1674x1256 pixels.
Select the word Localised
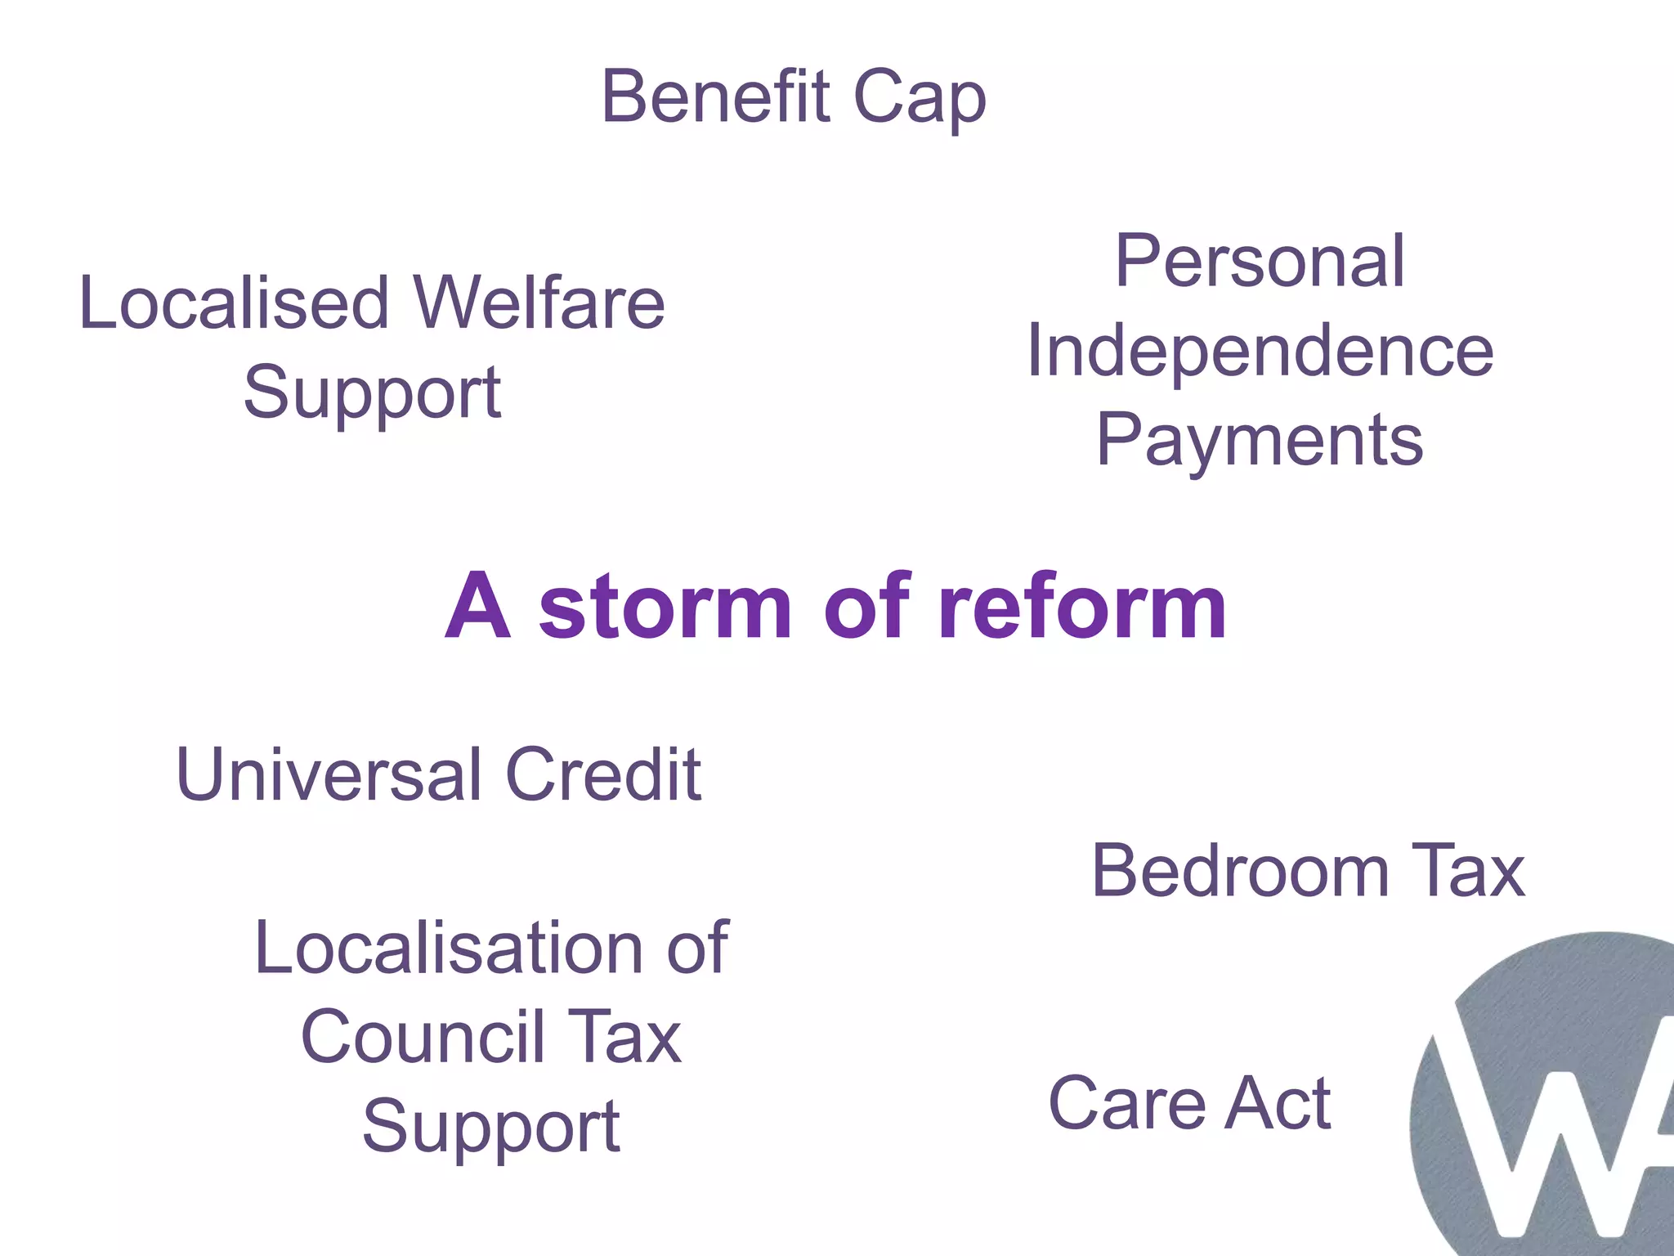pyautogui.click(x=234, y=303)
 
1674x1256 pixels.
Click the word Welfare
pyautogui.click(x=539, y=303)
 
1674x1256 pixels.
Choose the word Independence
pyautogui.click(x=1260, y=352)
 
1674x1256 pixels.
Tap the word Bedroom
pyautogui.click(x=1239, y=871)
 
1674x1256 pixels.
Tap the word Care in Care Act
pyautogui.click(x=1127, y=1104)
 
